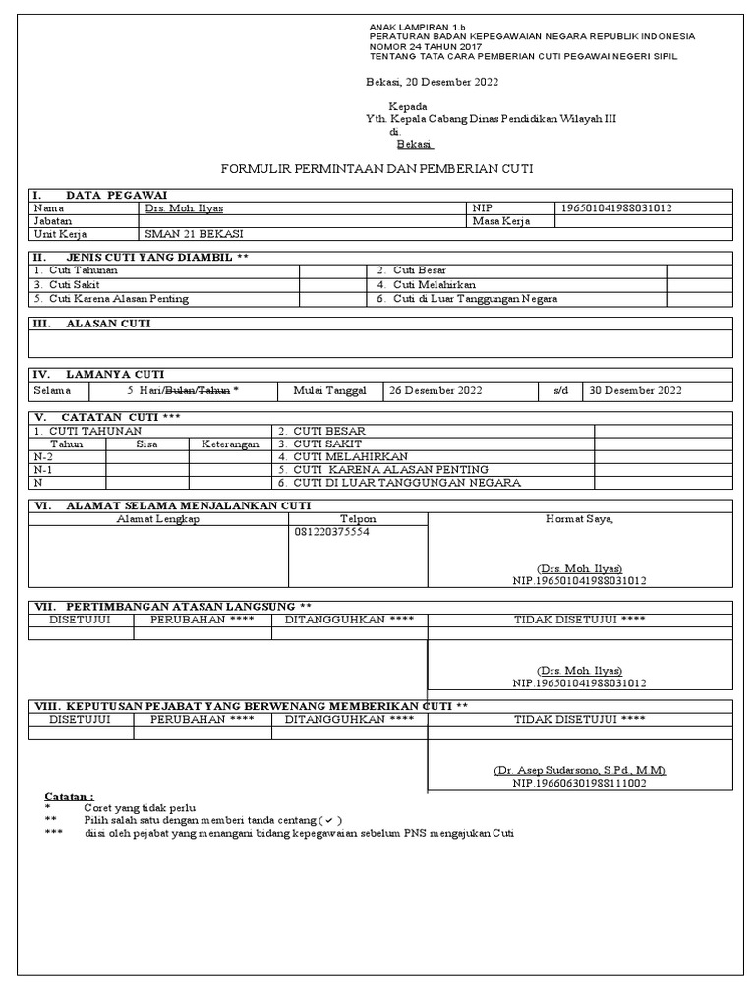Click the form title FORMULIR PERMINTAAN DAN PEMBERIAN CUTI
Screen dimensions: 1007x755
coord(377,169)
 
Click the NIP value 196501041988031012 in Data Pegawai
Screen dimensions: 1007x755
coord(617,208)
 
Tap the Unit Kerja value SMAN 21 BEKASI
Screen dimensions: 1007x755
coord(194,234)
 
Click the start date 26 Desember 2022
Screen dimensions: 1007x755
coord(436,390)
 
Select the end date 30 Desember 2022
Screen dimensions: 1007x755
coord(634,390)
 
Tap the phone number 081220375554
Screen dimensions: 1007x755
coord(333,532)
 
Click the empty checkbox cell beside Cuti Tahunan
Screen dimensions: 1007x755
coord(333,270)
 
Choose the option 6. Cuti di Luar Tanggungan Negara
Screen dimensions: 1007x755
coord(467,298)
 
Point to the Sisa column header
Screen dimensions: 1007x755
coord(147,444)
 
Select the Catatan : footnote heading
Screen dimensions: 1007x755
coord(70,795)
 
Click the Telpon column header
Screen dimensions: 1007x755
coord(358,519)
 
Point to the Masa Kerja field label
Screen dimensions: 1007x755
coord(501,221)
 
